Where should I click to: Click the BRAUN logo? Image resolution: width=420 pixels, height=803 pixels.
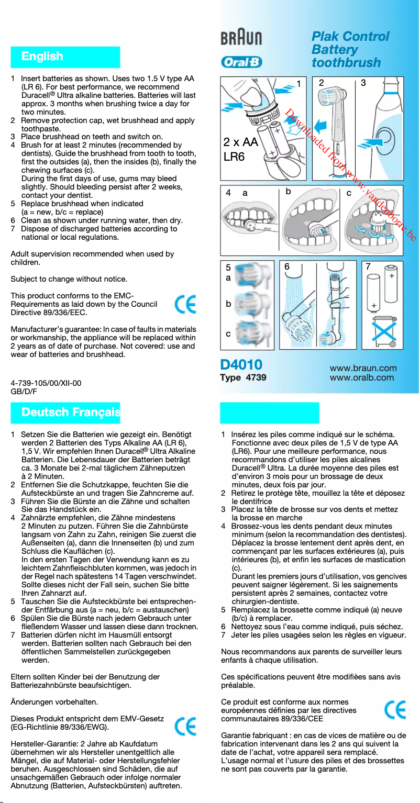point(241,38)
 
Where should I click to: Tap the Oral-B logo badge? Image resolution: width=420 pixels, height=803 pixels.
point(241,62)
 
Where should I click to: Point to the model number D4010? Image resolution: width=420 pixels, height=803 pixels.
point(241,365)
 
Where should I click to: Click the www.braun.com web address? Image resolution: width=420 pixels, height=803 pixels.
point(363,368)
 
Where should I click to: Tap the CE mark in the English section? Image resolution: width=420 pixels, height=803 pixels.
point(185,304)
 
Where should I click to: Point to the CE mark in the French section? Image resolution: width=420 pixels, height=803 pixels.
point(395,710)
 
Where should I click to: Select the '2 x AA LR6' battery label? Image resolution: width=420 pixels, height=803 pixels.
point(240,149)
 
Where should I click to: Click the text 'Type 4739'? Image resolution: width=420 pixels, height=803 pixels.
point(243,378)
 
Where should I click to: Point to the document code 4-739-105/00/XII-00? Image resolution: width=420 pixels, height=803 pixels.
point(46,383)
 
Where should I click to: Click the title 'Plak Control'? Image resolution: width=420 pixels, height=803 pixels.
point(350,37)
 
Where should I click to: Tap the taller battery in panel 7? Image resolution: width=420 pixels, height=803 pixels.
point(392,285)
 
